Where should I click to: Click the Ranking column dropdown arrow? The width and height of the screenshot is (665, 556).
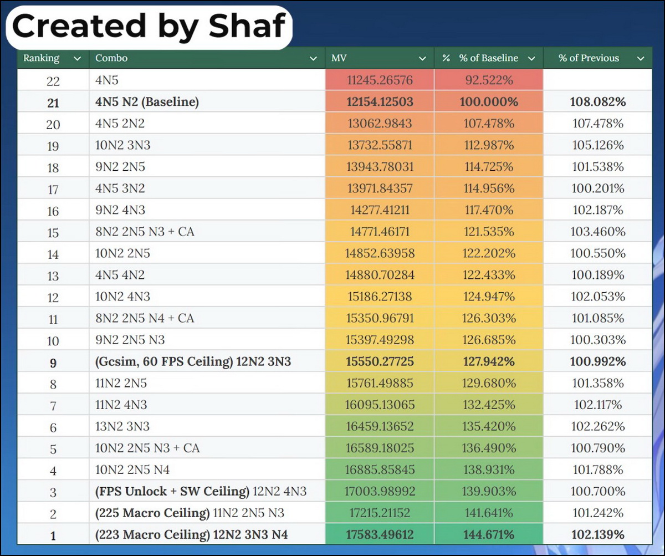click(x=77, y=58)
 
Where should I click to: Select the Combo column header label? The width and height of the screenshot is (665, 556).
click(x=111, y=58)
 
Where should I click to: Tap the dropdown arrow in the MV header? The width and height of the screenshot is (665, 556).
click(x=423, y=58)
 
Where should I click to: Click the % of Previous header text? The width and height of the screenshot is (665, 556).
click(x=589, y=58)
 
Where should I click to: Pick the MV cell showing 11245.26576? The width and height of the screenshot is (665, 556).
click(x=380, y=80)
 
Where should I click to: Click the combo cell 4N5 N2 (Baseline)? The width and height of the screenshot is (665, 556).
click(x=147, y=102)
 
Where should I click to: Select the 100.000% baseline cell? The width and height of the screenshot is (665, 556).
click(x=488, y=102)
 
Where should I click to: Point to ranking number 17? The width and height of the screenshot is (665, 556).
click(x=53, y=189)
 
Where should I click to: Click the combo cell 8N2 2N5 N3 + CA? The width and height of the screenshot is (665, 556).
click(x=145, y=232)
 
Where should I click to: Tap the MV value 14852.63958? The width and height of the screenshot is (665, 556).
click(x=380, y=253)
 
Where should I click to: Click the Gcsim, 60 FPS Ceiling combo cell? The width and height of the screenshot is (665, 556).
click(x=193, y=362)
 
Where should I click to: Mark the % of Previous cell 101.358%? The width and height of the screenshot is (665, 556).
click(x=598, y=383)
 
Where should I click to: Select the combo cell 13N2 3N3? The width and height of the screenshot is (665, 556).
click(x=122, y=426)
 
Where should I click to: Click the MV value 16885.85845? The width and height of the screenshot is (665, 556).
click(x=380, y=470)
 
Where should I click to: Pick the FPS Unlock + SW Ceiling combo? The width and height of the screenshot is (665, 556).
click(x=201, y=491)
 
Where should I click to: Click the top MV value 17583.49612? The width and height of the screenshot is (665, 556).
click(x=380, y=535)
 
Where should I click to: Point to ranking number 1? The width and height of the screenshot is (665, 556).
click(x=53, y=535)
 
